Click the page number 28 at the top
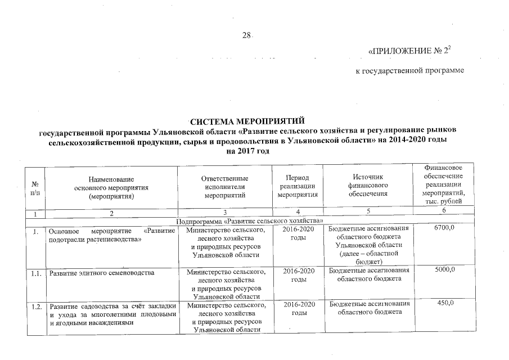(246, 35)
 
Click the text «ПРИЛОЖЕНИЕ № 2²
(409, 51)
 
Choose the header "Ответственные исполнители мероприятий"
(224, 186)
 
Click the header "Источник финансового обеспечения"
(368, 186)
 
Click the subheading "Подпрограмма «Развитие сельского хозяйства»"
(249, 220)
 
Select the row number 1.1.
(36, 272)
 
